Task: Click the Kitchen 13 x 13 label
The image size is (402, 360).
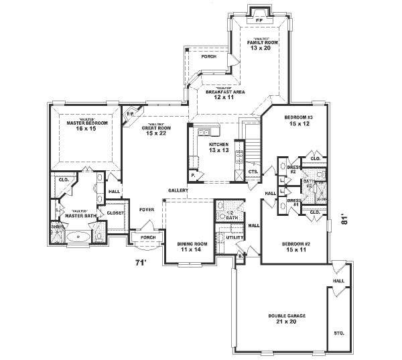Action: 218,147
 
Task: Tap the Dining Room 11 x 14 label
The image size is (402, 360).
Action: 190,246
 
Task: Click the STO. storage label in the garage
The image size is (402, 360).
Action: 338,332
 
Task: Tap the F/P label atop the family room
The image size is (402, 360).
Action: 259,21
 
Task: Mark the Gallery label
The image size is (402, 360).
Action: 178,190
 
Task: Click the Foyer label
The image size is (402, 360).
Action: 147,209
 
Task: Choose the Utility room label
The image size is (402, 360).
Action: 234,237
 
